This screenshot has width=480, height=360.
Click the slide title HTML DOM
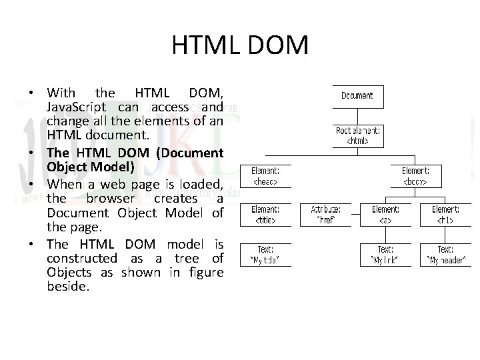240,45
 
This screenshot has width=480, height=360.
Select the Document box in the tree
357,96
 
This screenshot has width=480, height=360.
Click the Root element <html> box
357,136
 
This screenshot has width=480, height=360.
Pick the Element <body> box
415,176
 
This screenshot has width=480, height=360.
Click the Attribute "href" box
325,215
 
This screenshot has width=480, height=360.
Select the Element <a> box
385,215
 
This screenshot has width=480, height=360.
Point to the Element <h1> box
445,215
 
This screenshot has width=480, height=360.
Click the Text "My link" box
385,255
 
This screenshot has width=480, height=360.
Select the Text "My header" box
445,255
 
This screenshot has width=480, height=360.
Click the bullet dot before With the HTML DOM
31,93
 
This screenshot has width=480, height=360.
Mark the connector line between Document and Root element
357,115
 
